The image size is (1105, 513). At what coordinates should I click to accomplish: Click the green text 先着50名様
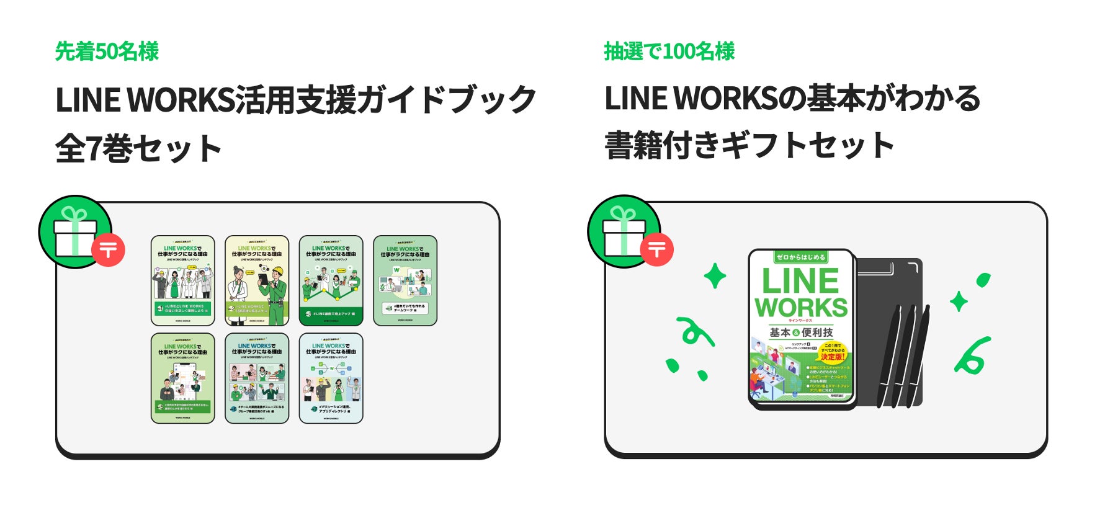click(107, 51)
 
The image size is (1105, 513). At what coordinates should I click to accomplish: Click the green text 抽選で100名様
click(669, 51)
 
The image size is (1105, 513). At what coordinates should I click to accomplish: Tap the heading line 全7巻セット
click(138, 149)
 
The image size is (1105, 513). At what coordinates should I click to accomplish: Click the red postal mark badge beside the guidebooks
click(109, 250)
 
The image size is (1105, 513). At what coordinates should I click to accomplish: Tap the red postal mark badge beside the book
click(657, 249)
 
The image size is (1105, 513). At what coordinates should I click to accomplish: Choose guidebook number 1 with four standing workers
click(183, 280)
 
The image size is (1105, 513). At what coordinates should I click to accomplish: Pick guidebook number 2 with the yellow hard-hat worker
click(257, 280)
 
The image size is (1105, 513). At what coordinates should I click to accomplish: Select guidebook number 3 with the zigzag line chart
click(331, 280)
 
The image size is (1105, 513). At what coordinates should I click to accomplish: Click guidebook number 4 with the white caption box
click(405, 280)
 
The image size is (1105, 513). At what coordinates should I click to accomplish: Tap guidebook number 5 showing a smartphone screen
click(183, 378)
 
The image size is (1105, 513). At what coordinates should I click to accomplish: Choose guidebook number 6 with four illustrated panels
click(257, 378)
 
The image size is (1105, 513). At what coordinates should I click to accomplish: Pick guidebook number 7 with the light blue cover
click(331, 378)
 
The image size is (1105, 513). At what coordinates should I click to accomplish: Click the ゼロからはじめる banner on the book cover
click(801, 257)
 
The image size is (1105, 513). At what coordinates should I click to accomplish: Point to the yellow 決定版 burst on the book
click(833, 352)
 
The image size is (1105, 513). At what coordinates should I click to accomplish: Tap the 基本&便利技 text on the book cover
click(801, 332)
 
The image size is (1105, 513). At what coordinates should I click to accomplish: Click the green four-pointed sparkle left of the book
click(715, 275)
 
